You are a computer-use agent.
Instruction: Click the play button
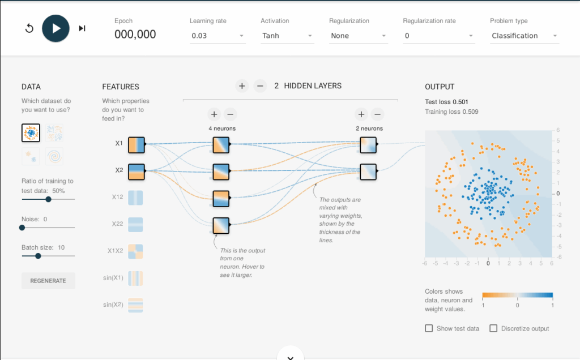56,28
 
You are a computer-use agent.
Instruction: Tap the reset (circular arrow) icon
29,28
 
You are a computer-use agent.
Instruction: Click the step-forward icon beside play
82,28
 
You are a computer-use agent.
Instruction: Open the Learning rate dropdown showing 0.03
217,36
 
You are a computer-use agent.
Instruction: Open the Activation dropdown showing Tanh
287,36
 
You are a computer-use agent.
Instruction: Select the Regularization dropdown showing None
359,36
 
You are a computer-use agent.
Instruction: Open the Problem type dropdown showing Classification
524,36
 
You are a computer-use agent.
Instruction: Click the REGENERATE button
48,281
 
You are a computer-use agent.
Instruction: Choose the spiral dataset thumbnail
54,156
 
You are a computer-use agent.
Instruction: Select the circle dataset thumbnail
31,132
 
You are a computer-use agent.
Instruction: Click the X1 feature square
137,145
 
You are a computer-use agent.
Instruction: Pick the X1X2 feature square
135,251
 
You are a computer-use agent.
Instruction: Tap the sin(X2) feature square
135,305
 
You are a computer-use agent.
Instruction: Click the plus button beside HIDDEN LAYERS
242,86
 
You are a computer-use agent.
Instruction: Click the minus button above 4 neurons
230,114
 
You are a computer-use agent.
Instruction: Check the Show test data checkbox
429,328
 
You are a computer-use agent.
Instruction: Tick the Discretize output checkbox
493,328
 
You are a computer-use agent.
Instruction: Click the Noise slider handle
22,228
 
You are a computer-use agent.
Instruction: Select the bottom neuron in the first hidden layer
221,226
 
